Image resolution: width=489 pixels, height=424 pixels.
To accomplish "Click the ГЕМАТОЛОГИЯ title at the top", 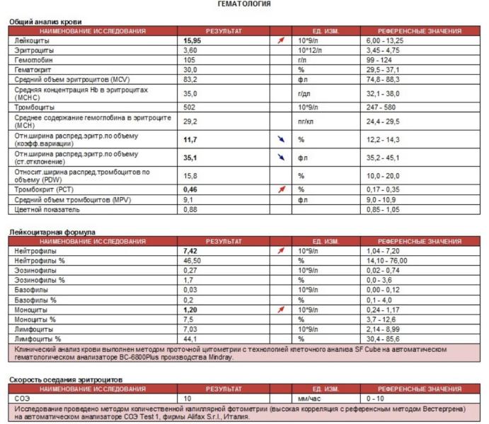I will [x=243, y=4].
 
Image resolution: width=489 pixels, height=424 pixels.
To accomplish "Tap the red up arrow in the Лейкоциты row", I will [x=282, y=41].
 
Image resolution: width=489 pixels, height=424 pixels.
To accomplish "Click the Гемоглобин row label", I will [x=33, y=61].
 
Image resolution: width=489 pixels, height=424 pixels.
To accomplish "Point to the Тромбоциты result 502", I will [x=190, y=107].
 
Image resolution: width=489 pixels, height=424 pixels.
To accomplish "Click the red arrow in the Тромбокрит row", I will [x=282, y=189].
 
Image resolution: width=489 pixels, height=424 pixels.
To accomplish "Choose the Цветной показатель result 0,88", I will [x=190, y=210].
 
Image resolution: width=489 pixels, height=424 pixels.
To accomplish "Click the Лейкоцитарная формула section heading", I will [x=52, y=232].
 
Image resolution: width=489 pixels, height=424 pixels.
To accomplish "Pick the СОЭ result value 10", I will [x=188, y=399].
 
